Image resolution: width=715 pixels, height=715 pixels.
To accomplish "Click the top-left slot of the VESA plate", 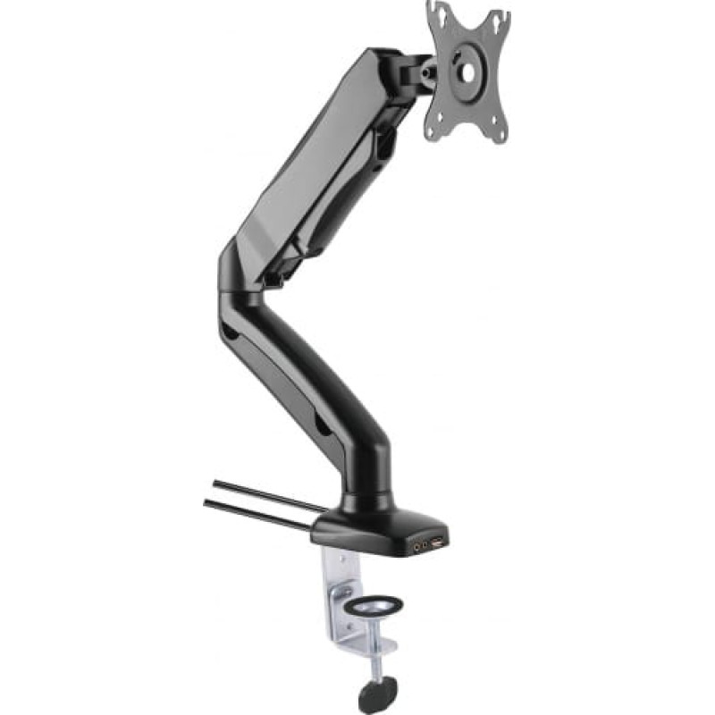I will click(438, 13).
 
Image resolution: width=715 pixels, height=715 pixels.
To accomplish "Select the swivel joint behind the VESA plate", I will click(420, 71).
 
